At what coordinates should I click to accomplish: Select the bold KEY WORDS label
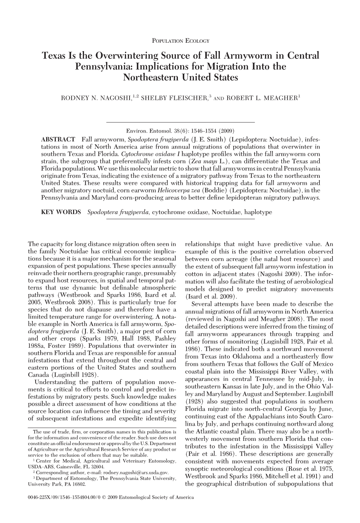pyautogui.click(x=61, y=212)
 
